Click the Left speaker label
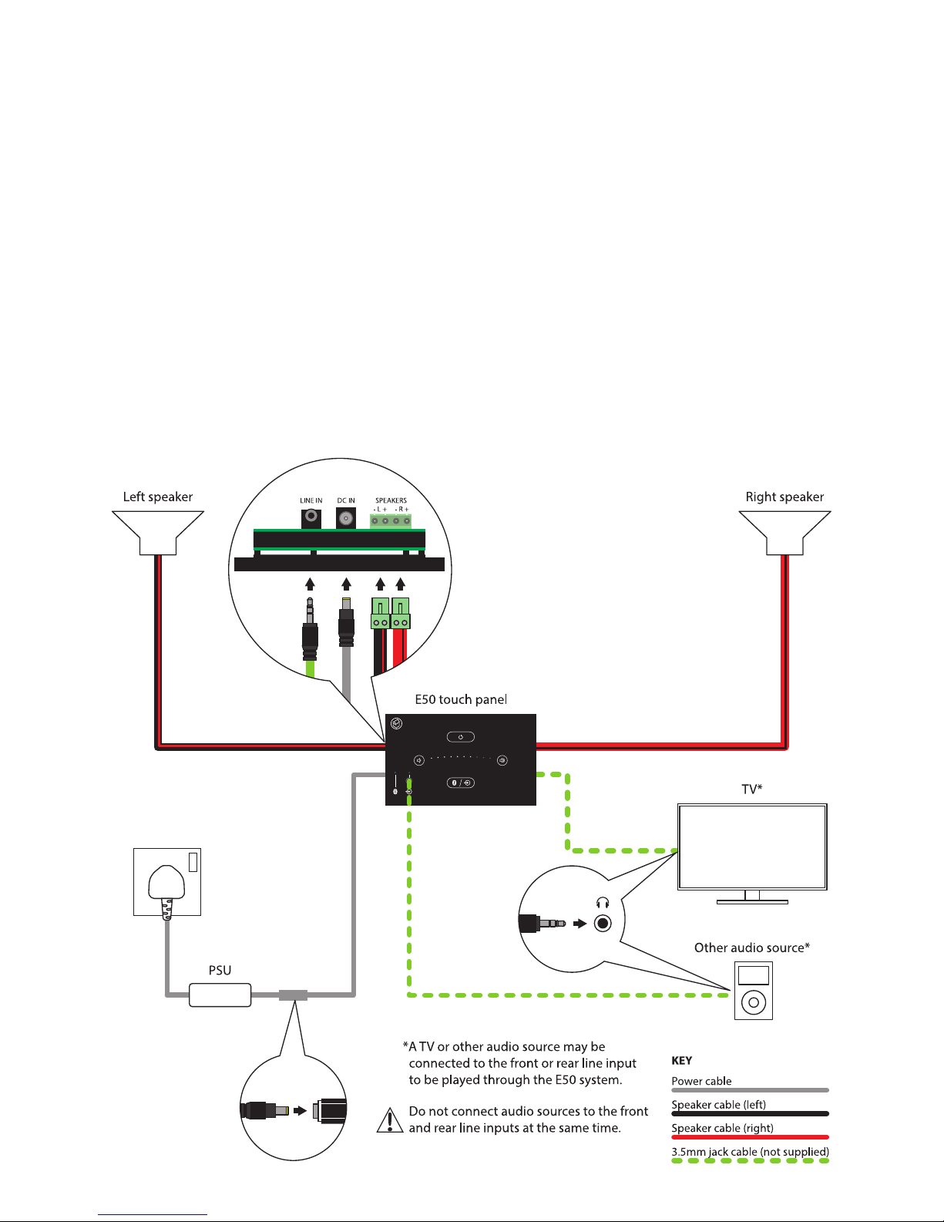point(158,497)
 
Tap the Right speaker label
point(784,497)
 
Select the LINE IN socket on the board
point(311,517)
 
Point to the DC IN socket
point(346,519)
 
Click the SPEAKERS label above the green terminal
point(391,501)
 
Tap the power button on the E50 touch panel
point(461,737)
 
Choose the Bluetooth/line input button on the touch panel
point(461,783)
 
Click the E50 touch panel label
point(461,700)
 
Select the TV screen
point(752,847)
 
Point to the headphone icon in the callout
point(603,903)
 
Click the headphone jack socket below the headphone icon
point(603,923)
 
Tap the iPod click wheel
point(753,1002)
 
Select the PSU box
point(220,995)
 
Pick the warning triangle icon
point(390,1120)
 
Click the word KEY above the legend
point(682,1061)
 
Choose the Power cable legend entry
point(701,1082)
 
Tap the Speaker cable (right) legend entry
point(722,1129)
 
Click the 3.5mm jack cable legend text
point(750,1153)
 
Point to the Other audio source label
point(751,948)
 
